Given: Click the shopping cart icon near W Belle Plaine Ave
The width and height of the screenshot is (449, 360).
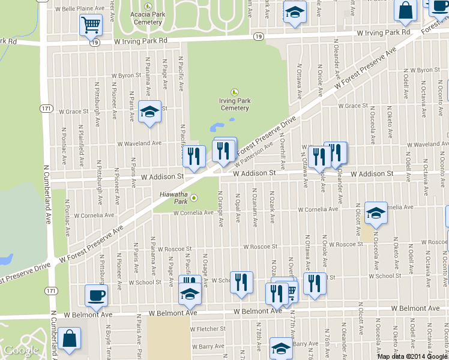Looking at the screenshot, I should click(x=91, y=25).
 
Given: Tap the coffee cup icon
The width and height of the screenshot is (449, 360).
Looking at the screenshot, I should click(x=96, y=295).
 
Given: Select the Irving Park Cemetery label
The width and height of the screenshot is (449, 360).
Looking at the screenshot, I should click(x=234, y=104).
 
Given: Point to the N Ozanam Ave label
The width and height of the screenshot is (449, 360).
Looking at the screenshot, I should click(x=255, y=209).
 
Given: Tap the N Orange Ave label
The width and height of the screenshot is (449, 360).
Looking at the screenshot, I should click(x=221, y=209).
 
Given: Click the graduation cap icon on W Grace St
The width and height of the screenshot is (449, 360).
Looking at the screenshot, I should click(x=149, y=112).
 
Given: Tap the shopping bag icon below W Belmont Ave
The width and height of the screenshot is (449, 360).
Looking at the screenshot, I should click(x=70, y=338).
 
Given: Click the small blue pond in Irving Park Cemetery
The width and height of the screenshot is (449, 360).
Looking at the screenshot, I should click(x=216, y=127).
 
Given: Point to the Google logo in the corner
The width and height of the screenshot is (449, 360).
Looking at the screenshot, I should click(x=21, y=350).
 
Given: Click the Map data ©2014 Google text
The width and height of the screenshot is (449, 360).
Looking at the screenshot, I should click(x=412, y=356).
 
